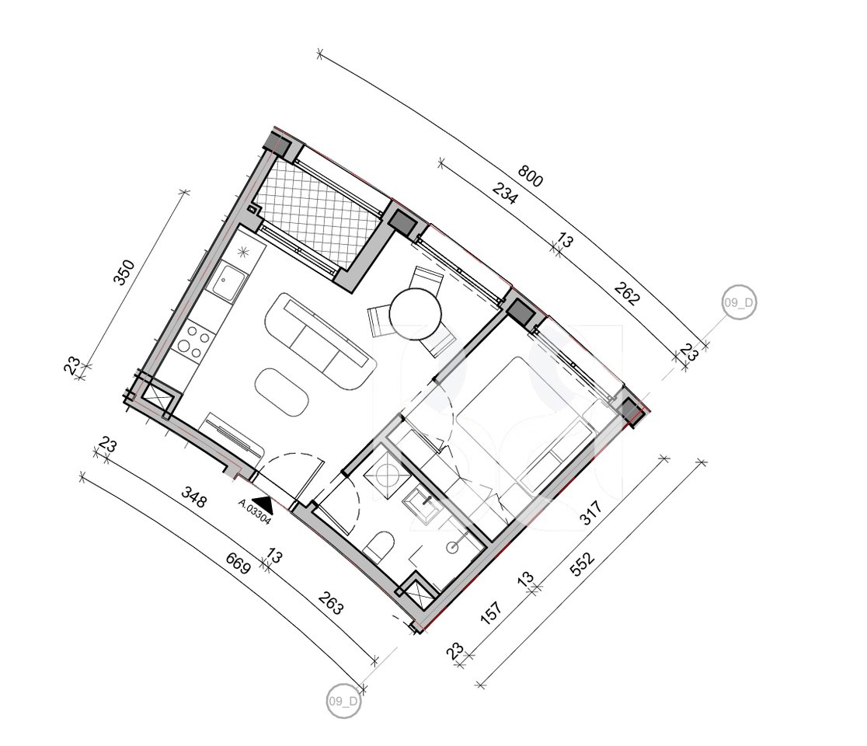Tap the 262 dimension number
[626, 296]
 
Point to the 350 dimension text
[124, 272]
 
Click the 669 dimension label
[236, 563]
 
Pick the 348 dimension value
[193, 497]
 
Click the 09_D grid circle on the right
[740, 303]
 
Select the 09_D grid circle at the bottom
[343, 701]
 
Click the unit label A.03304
[254, 513]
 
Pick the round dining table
[416, 314]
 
